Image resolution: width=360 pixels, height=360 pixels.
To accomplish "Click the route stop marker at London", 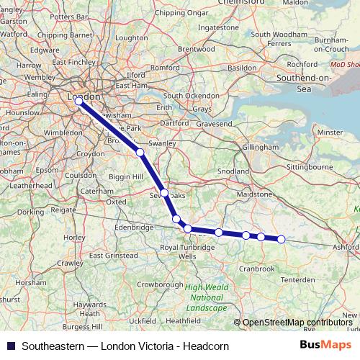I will click(78, 102).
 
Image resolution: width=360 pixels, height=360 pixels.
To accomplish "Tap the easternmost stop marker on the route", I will click(282, 239).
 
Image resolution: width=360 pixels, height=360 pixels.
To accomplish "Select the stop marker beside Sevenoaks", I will click(165, 193).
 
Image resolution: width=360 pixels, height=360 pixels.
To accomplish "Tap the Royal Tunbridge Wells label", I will click(187, 252).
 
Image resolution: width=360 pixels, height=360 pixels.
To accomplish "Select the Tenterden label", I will click(298, 279).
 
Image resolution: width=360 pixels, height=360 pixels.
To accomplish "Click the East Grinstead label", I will click(114, 256).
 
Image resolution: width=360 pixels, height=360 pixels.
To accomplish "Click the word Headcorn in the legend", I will click(207, 346).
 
